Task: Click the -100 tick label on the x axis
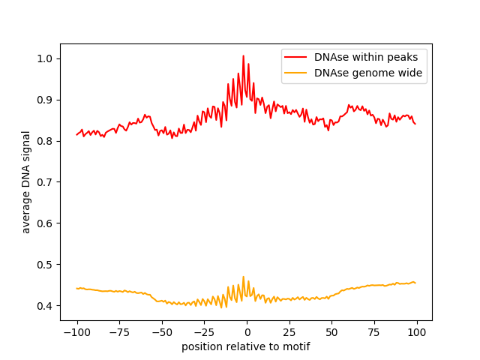[x=76, y=333]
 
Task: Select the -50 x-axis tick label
[x=161, y=333]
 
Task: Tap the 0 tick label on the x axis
[x=247, y=333]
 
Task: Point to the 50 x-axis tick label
[x=332, y=333]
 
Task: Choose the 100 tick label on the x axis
[x=417, y=333]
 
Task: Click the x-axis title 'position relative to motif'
[x=246, y=347]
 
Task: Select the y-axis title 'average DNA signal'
[x=26, y=182]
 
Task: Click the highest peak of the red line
[x=243, y=56]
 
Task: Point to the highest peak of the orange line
[x=243, y=277]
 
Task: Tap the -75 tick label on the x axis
[x=118, y=333]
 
